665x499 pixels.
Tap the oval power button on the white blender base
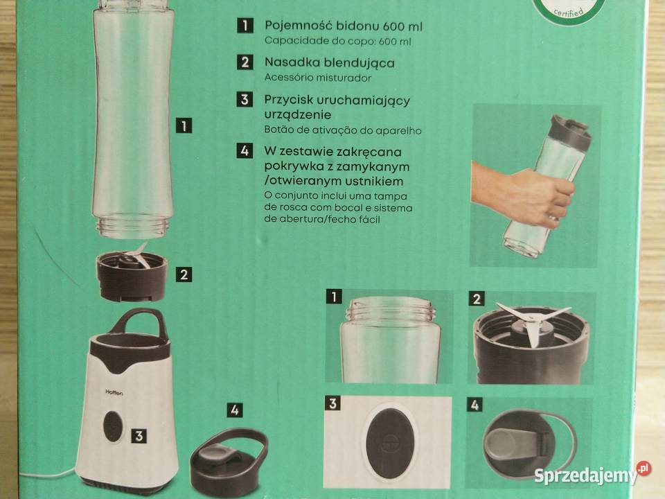coord(111,425)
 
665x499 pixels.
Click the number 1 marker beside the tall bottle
coord(184,126)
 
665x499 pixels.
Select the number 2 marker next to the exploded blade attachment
coord(184,274)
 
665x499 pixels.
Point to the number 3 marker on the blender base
coord(139,435)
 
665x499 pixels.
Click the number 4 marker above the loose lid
coord(236,410)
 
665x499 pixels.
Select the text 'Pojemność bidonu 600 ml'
coord(344,27)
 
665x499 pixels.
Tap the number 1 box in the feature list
coord(244,26)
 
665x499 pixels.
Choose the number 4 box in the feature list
coord(244,150)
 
